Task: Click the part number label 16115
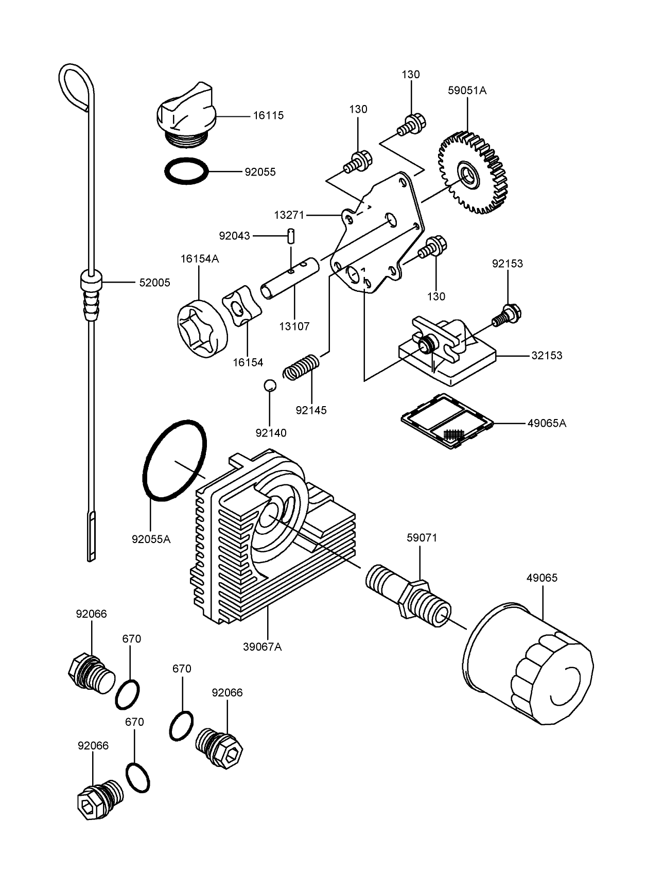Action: coord(268,116)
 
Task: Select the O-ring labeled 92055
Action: coord(186,170)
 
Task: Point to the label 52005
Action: coord(154,283)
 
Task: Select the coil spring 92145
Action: coord(302,367)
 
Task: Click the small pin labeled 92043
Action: coord(291,235)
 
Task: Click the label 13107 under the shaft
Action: coord(294,326)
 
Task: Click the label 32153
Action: coord(547,355)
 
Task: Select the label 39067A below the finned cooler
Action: coord(263,647)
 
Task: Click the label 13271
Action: coord(289,215)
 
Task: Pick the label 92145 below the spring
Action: coord(311,410)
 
